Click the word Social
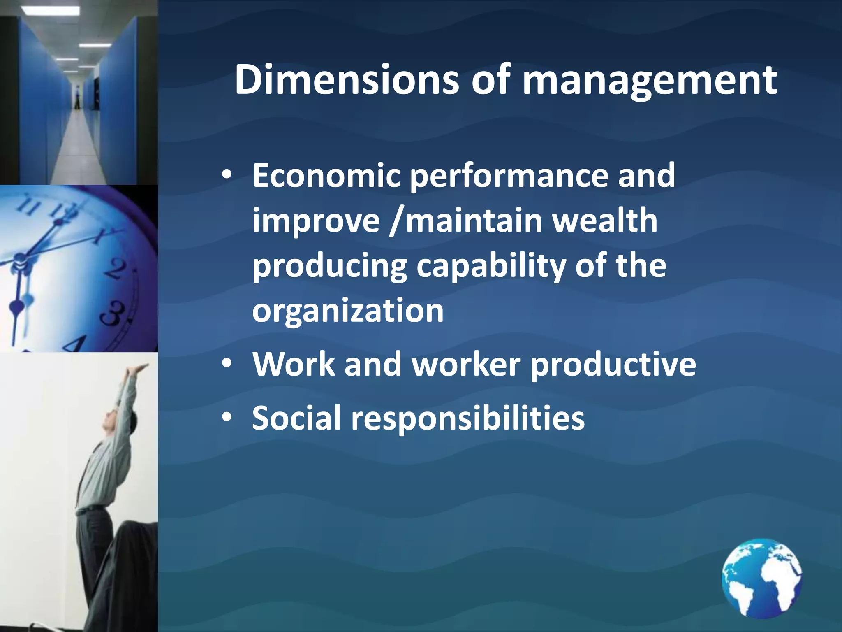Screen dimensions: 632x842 point(296,418)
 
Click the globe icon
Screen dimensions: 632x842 point(761,578)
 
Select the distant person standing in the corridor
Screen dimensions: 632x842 point(76,97)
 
